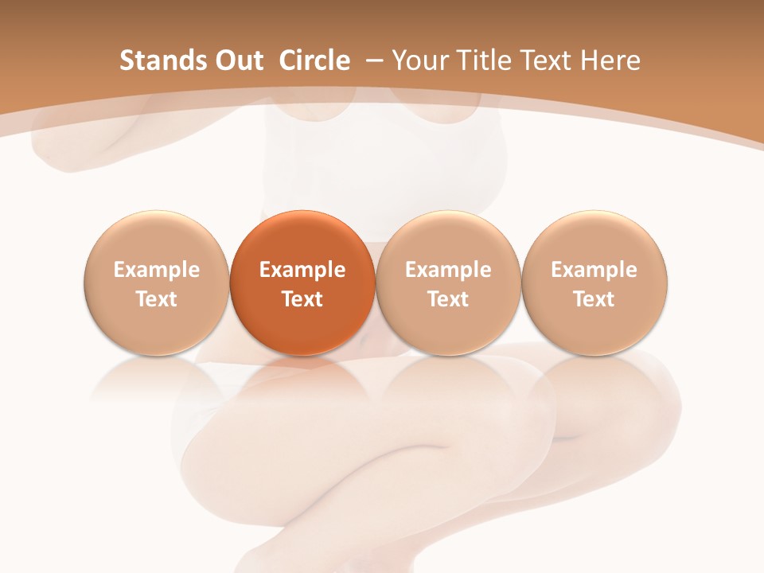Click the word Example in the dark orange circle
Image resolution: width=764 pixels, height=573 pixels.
(302, 270)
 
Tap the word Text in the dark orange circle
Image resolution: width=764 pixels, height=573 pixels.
(302, 299)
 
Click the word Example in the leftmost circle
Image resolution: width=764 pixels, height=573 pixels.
(157, 270)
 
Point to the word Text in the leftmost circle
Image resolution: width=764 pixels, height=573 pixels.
(157, 299)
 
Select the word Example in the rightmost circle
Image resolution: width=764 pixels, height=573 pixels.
(594, 270)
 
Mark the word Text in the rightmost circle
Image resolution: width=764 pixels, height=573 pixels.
(594, 299)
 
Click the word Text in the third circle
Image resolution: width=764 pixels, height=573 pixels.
(448, 299)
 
